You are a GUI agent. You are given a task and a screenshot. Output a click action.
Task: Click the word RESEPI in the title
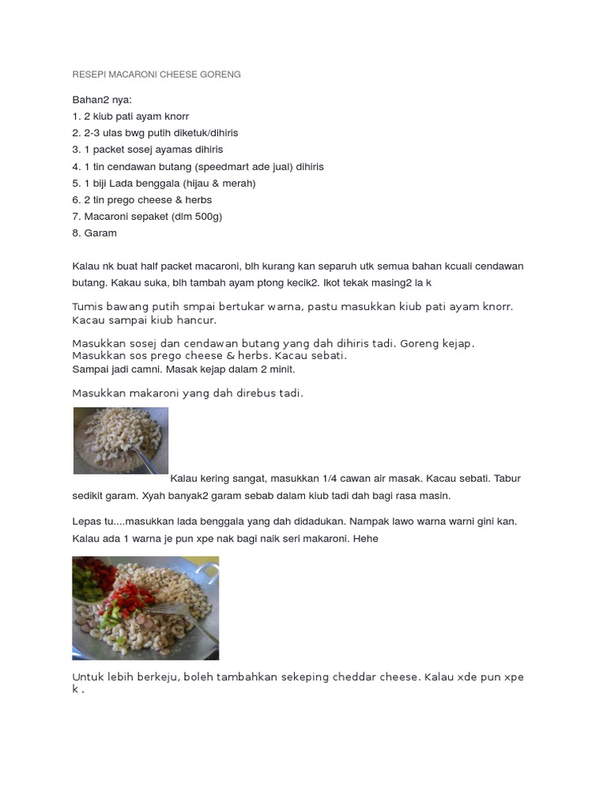point(88,74)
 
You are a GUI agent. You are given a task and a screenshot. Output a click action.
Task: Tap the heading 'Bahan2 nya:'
point(102,100)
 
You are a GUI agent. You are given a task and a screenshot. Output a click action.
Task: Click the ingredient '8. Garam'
point(94,233)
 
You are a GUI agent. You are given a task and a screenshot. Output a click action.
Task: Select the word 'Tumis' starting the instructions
point(88,306)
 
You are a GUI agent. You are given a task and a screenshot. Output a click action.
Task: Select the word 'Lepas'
point(86,522)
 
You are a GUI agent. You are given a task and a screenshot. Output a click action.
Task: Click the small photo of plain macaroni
point(120,441)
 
